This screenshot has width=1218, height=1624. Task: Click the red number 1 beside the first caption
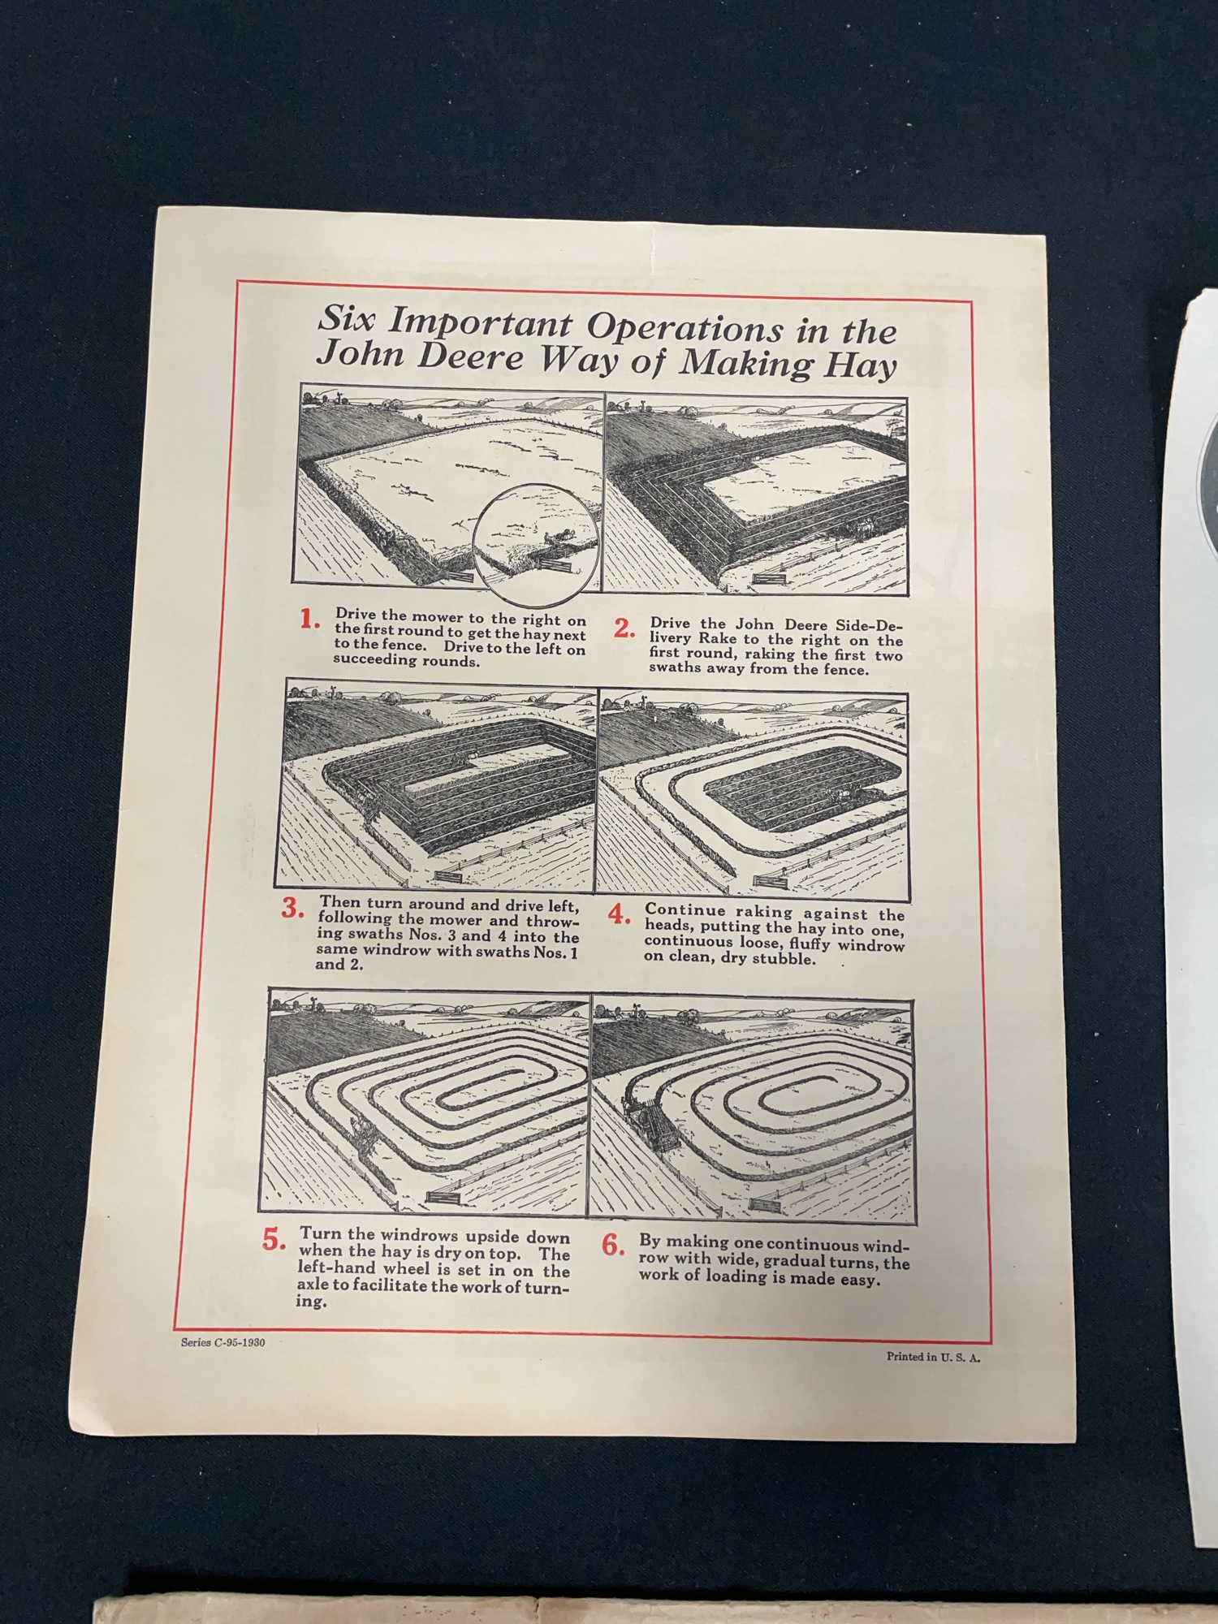(309, 620)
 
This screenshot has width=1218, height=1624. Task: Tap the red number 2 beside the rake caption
(624, 628)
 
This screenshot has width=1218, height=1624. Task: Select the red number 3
(292, 909)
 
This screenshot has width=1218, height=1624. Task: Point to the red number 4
(620, 914)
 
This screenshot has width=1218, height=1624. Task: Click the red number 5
(274, 1241)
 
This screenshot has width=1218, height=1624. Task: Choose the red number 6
(613, 1246)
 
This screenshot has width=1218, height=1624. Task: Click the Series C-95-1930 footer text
(222, 1342)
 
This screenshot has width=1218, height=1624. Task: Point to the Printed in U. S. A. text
(933, 1356)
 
